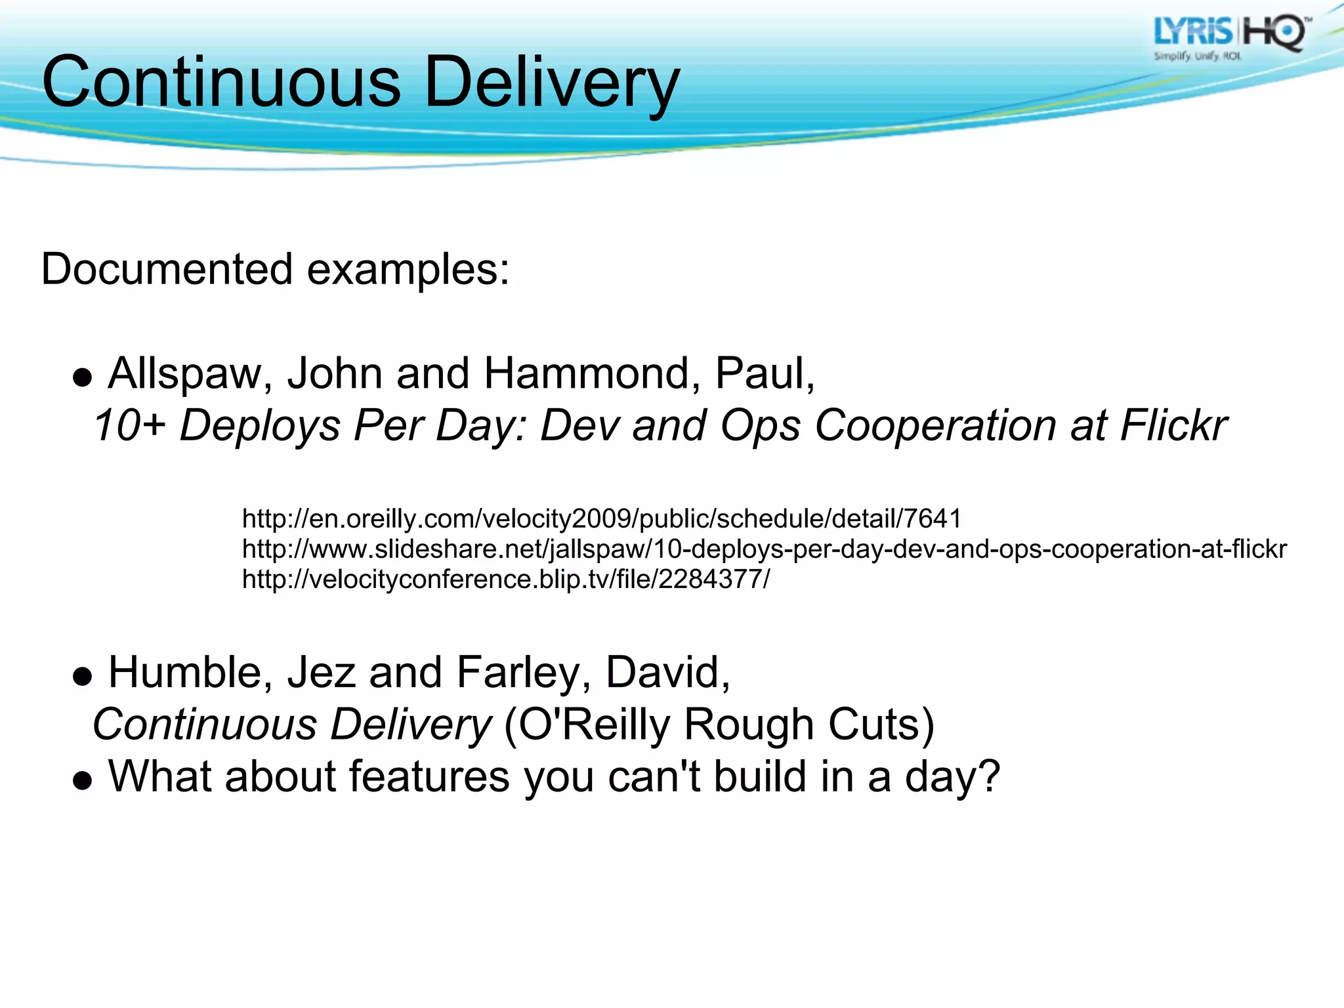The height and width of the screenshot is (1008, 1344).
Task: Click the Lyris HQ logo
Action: (x=1230, y=38)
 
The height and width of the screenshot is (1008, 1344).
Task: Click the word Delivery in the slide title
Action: (x=552, y=83)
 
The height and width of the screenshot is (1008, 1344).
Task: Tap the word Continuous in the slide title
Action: (x=221, y=83)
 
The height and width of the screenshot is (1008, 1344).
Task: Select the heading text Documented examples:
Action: (x=275, y=269)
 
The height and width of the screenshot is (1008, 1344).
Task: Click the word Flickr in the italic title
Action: (x=1173, y=425)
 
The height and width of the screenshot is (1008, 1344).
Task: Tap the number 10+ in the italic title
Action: (x=129, y=425)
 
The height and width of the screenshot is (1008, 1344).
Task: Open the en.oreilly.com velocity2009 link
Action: (x=601, y=518)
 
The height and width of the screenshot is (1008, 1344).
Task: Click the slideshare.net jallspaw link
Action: (x=764, y=549)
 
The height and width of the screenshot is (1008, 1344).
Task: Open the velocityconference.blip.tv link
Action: (x=505, y=579)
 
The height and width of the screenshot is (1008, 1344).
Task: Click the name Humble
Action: (x=190, y=673)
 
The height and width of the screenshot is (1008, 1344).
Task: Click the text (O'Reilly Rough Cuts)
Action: (x=719, y=724)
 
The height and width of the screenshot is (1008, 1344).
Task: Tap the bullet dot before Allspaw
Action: (x=82, y=378)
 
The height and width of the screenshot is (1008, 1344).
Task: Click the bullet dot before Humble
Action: (x=82, y=677)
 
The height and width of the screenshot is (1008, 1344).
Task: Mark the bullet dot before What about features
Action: (x=82, y=780)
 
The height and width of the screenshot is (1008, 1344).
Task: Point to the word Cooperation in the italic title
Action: (x=935, y=425)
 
